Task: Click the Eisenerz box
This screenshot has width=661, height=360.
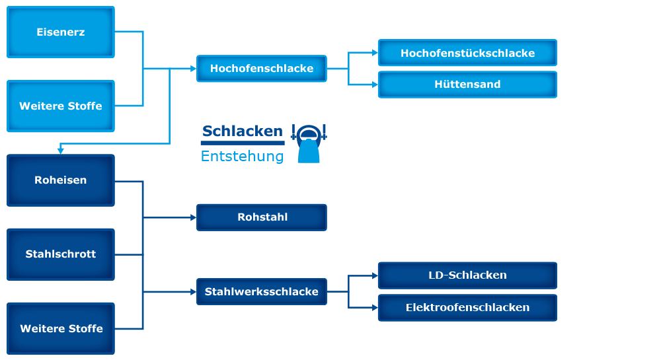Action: tap(61, 32)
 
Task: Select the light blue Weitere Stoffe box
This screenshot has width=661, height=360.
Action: tap(61, 106)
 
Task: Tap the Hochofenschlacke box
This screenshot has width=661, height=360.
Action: tap(262, 69)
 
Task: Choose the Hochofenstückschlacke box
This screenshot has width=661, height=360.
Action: tap(467, 53)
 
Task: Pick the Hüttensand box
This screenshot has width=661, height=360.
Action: tap(467, 85)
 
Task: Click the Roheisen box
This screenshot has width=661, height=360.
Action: tap(61, 180)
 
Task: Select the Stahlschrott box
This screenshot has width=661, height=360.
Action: tap(61, 254)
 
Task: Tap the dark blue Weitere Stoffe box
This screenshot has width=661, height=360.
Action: tap(61, 328)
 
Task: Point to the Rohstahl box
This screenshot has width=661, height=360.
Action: tap(262, 217)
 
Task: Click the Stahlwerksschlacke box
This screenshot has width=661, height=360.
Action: tap(262, 291)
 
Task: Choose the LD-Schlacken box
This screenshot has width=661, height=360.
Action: tap(467, 275)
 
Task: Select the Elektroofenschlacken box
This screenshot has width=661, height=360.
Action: tap(467, 308)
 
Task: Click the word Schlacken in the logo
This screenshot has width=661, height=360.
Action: tap(242, 131)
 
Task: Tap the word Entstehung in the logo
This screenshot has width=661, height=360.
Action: tap(242, 157)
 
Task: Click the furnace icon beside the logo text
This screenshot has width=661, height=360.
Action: tap(309, 143)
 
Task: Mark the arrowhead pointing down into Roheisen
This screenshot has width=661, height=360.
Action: tap(61, 151)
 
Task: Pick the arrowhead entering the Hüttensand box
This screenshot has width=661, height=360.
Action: tap(374, 85)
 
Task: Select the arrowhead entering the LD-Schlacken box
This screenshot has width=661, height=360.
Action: tap(374, 275)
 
